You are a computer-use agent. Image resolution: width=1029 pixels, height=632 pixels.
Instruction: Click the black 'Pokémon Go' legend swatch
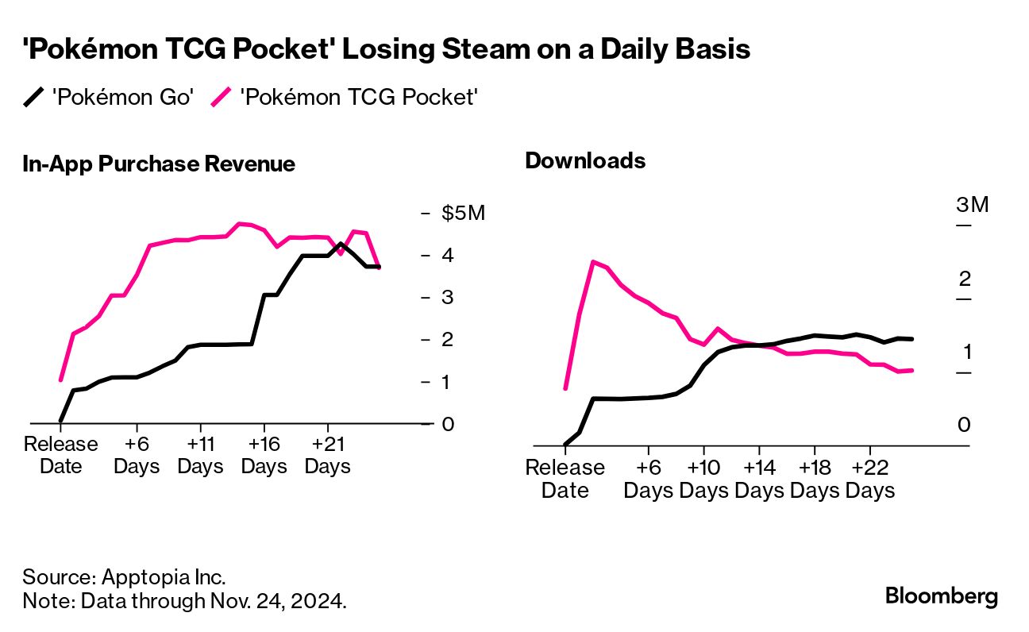pos(34,98)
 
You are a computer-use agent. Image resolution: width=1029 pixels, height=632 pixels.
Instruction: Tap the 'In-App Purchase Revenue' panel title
pos(159,164)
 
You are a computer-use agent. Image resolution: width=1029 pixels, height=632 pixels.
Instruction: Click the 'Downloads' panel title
pos(585,161)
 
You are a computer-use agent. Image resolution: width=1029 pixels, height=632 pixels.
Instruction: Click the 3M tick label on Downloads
pos(972,205)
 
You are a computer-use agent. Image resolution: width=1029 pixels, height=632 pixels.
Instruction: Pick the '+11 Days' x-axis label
pos(201,455)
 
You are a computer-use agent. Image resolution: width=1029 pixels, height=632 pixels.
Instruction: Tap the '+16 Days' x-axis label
pos(264,455)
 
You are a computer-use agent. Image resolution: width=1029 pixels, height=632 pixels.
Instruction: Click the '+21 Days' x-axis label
pos(327,455)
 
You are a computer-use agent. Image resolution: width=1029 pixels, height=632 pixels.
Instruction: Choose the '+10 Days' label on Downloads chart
pos(703,479)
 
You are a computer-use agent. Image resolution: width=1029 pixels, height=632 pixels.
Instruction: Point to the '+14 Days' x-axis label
pos(758,479)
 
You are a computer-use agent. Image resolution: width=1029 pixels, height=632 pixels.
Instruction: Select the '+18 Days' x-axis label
pos(814,479)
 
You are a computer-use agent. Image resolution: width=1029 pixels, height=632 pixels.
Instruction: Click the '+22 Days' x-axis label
pos(869,479)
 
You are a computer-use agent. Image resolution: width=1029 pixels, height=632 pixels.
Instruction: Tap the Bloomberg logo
pos(942,596)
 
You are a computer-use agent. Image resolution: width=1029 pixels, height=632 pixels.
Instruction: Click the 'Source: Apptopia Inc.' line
pos(125,576)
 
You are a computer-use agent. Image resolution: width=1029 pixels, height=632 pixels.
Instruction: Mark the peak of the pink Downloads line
pos(592,260)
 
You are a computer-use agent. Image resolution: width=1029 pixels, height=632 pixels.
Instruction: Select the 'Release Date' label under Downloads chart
pos(565,479)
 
